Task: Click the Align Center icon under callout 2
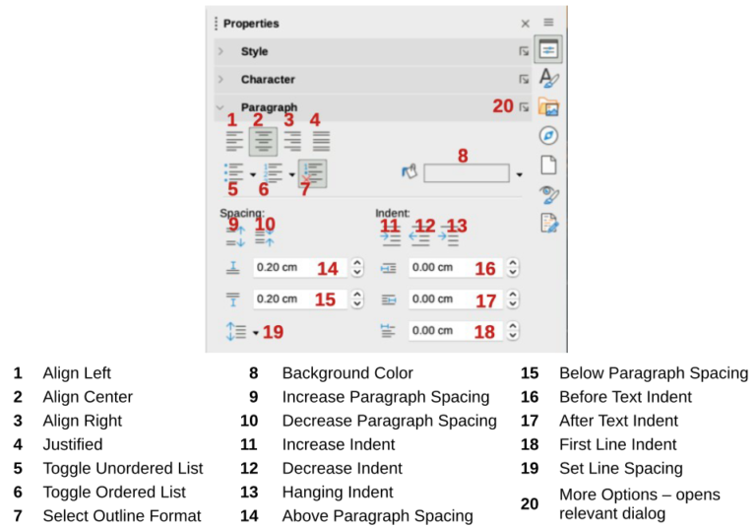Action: [x=262, y=141]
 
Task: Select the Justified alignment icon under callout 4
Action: [x=321, y=141]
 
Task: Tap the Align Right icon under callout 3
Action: [x=292, y=141]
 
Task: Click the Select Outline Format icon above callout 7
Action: [x=311, y=173]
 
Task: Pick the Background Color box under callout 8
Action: [x=467, y=173]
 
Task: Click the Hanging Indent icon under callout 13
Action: [x=449, y=238]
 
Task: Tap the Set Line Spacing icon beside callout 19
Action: [x=236, y=331]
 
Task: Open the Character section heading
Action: [x=268, y=79]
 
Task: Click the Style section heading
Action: [x=254, y=51]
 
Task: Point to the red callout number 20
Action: [x=503, y=105]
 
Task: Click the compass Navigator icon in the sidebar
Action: [x=549, y=136]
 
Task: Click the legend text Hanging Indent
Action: [x=337, y=493]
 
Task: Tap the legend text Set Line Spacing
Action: [x=621, y=469]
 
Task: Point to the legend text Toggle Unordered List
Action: [x=123, y=468]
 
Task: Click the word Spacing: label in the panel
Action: [x=242, y=212]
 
